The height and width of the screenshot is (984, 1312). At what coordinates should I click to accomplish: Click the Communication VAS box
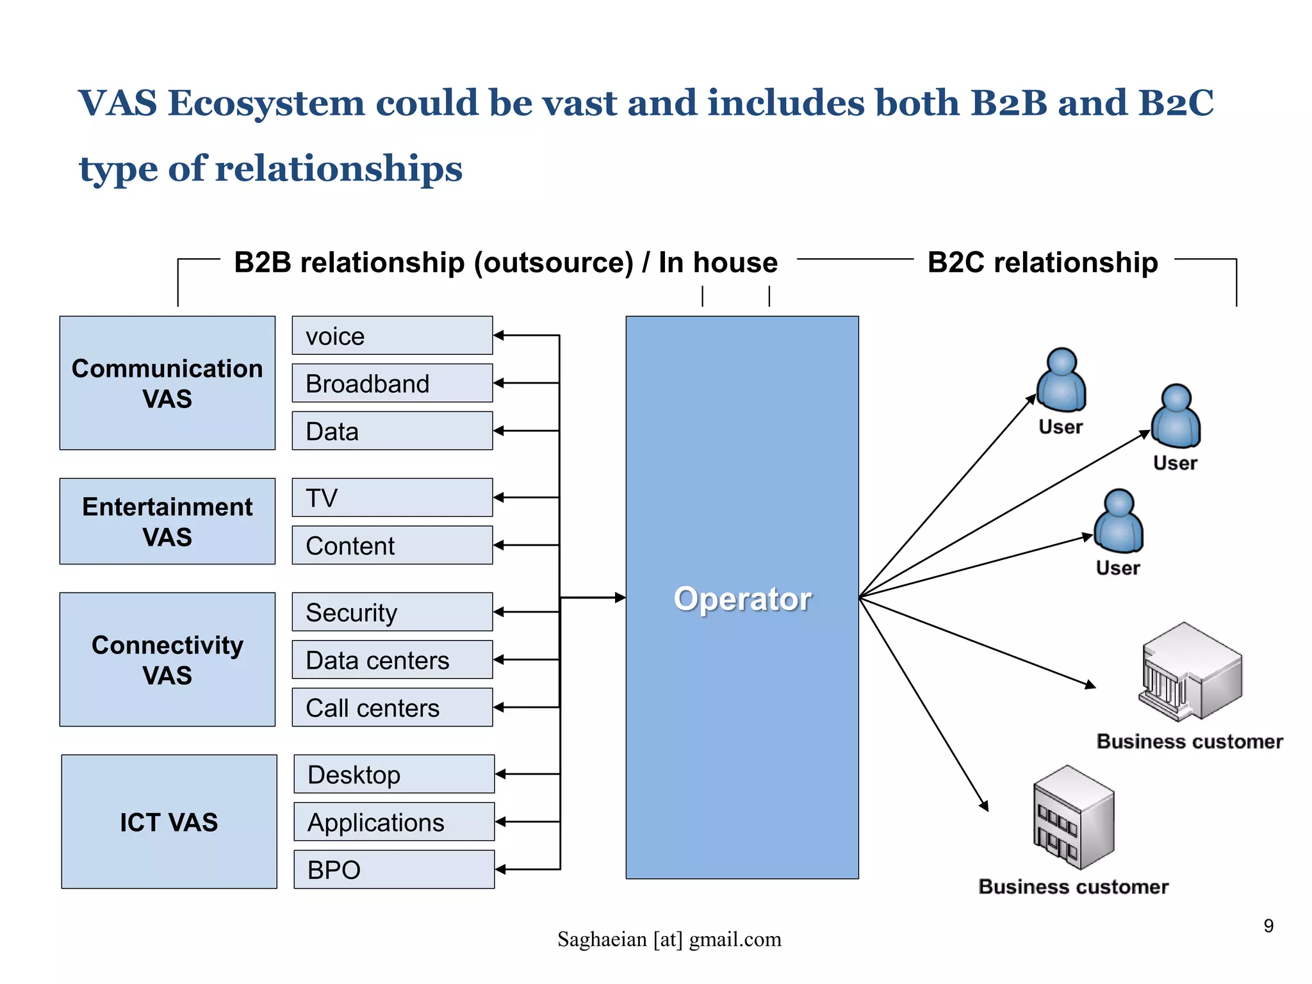pyautogui.click(x=167, y=382)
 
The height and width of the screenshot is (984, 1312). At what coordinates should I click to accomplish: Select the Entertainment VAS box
pyautogui.click(x=167, y=521)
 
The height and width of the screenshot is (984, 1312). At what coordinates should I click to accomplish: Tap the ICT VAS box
pyautogui.click(x=168, y=821)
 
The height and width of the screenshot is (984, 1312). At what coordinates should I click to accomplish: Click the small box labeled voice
pyautogui.click(x=392, y=335)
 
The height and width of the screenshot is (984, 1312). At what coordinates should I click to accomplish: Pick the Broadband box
pyautogui.click(x=392, y=383)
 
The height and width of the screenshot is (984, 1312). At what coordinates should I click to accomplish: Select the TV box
pyautogui.click(x=392, y=497)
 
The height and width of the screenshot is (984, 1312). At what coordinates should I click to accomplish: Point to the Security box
pyautogui.click(x=392, y=612)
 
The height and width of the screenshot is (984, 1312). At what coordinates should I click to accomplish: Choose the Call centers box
pyautogui.click(x=392, y=707)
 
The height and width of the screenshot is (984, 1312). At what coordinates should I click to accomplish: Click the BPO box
pyautogui.click(x=393, y=869)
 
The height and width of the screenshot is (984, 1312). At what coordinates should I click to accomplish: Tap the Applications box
pyautogui.click(x=393, y=821)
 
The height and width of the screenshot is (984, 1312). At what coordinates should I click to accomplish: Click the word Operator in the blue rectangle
pyautogui.click(x=742, y=599)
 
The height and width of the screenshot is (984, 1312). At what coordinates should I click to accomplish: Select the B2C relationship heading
pyautogui.click(x=1042, y=263)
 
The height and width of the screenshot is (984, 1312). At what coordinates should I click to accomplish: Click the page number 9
pyautogui.click(x=1268, y=926)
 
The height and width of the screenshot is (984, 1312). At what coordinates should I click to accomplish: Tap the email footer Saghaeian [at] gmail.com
pyautogui.click(x=669, y=939)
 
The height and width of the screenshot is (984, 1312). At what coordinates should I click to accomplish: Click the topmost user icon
pyautogui.click(x=1061, y=380)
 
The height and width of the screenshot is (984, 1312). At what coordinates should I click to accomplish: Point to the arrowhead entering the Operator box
pyautogui.click(x=620, y=598)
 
